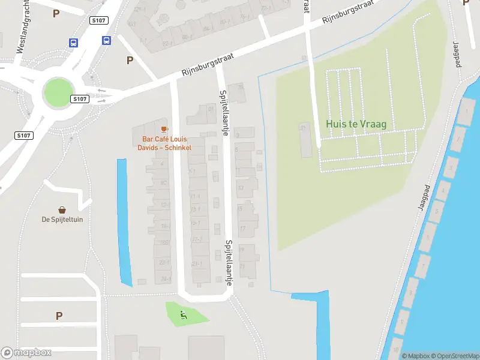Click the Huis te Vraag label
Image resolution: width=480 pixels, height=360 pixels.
click(x=356, y=124)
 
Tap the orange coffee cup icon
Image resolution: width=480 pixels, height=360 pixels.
click(x=164, y=129)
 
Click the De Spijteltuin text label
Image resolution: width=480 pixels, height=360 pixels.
click(x=62, y=219)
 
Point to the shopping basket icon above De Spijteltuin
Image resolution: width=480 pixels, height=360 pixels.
click(x=62, y=209)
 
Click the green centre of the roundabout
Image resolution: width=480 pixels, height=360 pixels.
click(x=58, y=93)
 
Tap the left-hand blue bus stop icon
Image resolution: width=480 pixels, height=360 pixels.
click(x=73, y=43)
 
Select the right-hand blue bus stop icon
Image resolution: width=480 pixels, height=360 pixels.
click(x=106, y=41)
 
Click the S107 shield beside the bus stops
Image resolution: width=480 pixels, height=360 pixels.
click(x=99, y=20)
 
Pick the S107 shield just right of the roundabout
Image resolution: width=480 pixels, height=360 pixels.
click(x=79, y=98)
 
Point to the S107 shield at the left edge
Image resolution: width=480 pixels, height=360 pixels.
click(x=23, y=136)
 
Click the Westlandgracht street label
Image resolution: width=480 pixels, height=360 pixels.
click(x=21, y=27)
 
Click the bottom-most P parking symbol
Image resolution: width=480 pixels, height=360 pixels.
click(x=59, y=316)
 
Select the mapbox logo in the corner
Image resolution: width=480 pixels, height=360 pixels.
click(x=26, y=352)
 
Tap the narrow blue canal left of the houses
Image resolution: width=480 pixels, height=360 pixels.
click(x=124, y=222)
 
